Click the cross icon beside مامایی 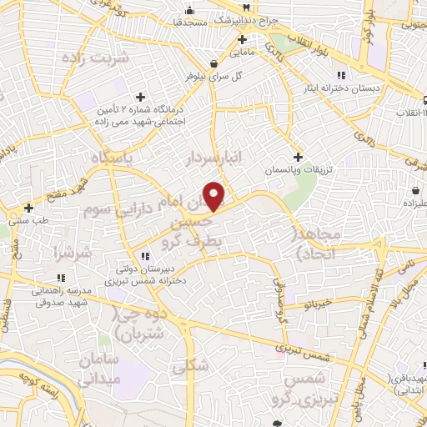pyautogui.click(x=243, y=39)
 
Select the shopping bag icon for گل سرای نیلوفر pyautogui.click(x=215, y=63)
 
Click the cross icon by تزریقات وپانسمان pyautogui.click(x=298, y=157)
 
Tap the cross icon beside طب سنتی pyautogui.click(x=28, y=208)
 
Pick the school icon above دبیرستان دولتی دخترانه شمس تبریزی pyautogui.click(x=144, y=255)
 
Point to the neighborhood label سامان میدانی pyautogui.click(x=102, y=368)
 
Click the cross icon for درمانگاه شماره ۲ pyautogui.click(x=140, y=97)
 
